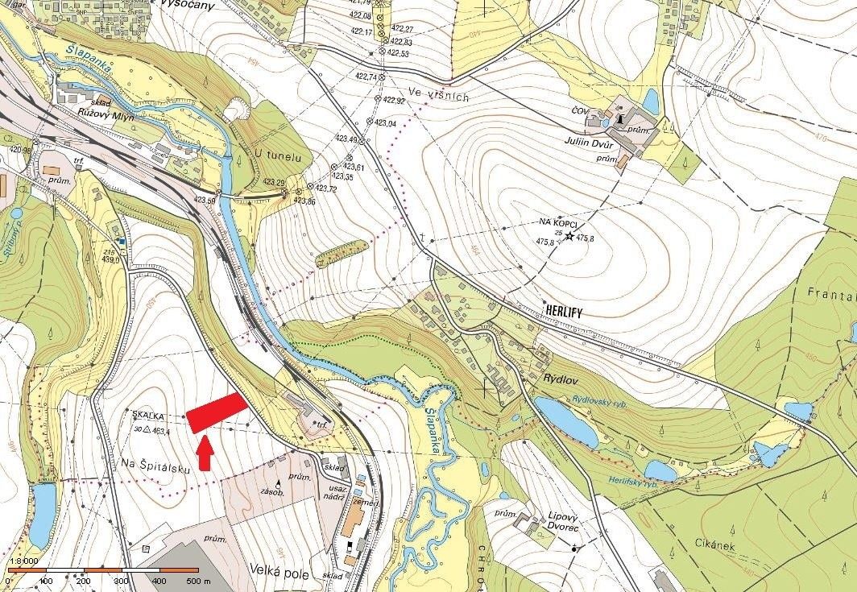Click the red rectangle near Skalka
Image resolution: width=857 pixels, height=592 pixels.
click(x=217, y=412)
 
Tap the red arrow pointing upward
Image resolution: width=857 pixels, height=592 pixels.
click(x=205, y=452)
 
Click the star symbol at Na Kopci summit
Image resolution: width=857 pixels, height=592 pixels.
click(x=570, y=237)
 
